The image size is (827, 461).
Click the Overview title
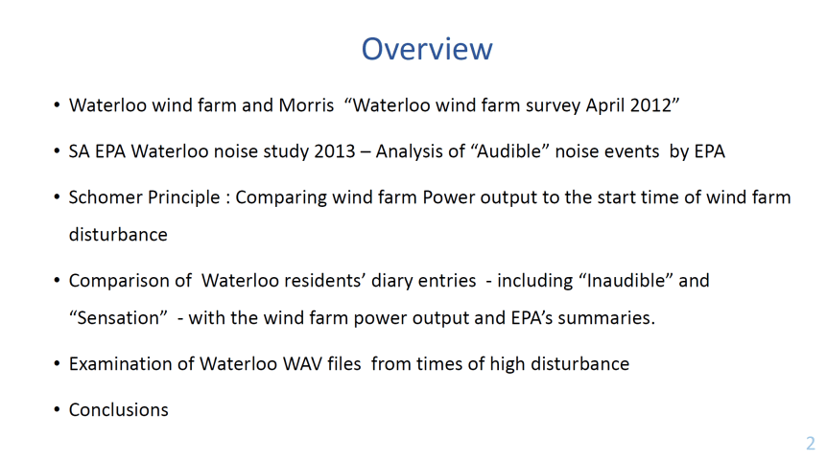click(427, 49)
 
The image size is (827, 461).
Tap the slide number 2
click(811, 443)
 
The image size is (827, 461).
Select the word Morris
click(306, 104)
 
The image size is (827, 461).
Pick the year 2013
click(335, 151)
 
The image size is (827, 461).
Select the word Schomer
click(106, 197)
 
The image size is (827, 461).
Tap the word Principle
click(183, 198)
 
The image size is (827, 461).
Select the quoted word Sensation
click(118, 317)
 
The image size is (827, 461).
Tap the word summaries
click(606, 317)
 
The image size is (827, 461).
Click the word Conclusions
click(119, 409)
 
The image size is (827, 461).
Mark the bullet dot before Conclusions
click(57, 410)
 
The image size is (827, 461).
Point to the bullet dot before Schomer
click(57, 197)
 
